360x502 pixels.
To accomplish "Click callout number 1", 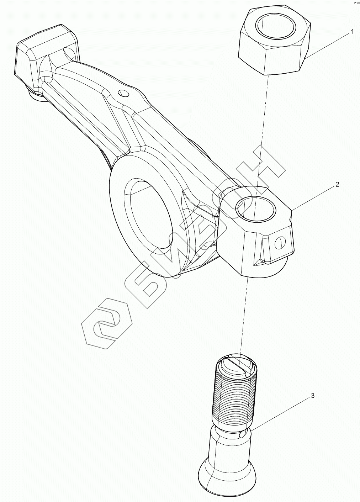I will point(352,32).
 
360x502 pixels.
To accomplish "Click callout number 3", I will point(312,395).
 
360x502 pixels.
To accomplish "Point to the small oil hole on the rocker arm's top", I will point(123,94).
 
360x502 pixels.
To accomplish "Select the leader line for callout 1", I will point(327,44).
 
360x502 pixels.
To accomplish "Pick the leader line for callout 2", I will point(313,197).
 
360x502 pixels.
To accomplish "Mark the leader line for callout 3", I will point(281,415).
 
